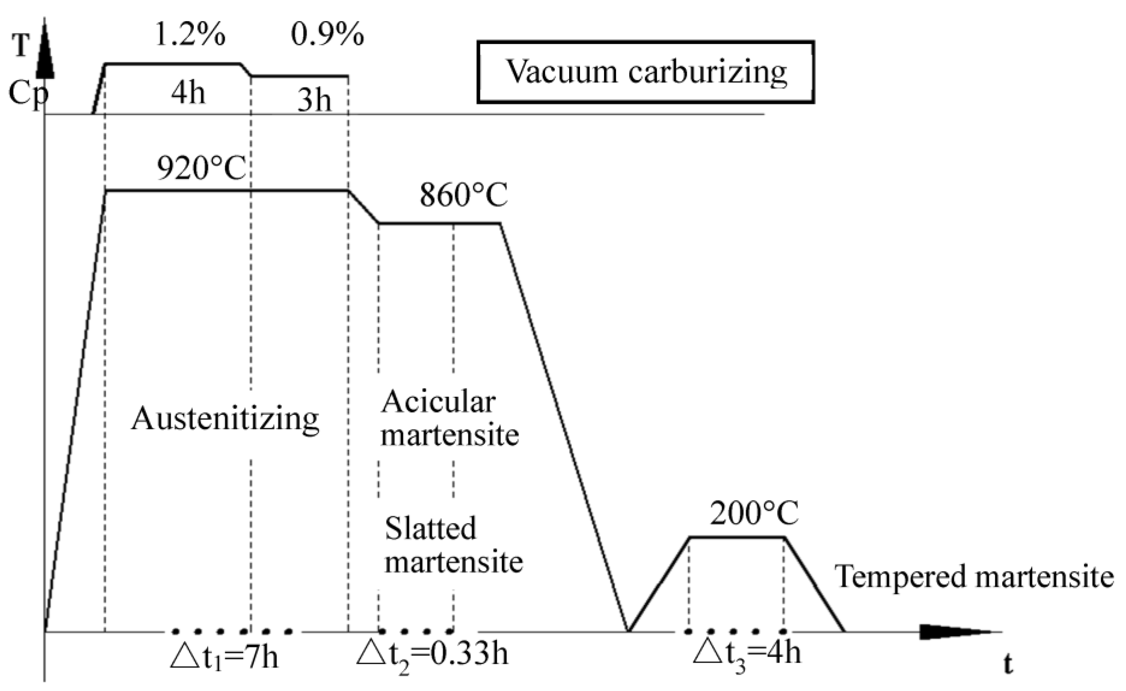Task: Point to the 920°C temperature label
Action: (x=201, y=169)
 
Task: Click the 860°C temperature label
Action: (x=463, y=196)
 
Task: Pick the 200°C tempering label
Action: (x=753, y=513)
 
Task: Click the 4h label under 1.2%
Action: (x=188, y=94)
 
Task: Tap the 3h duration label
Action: (x=314, y=100)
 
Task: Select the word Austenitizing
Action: (x=225, y=419)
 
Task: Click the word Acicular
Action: (x=438, y=402)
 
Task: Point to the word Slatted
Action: (x=431, y=529)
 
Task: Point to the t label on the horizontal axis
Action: (x=1008, y=665)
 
